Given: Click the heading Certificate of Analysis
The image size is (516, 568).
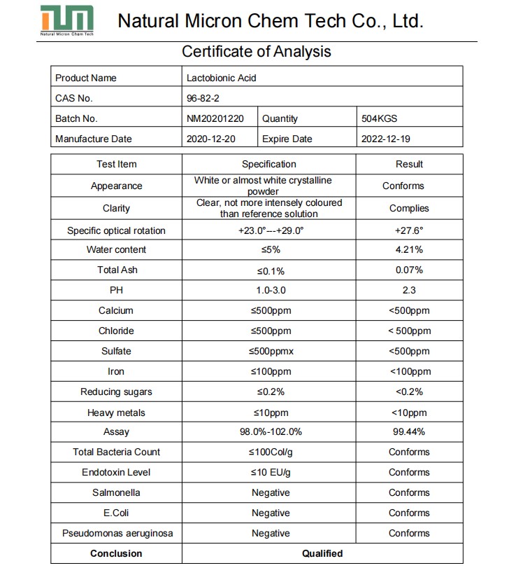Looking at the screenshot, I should [256, 51].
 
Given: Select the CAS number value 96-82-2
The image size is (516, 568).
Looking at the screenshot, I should [203, 98].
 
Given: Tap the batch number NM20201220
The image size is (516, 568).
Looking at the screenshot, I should [215, 118].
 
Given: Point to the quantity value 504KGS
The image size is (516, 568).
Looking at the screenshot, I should [379, 118].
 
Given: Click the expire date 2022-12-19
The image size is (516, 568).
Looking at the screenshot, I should [385, 139].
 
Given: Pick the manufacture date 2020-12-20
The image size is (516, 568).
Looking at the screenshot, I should [211, 139].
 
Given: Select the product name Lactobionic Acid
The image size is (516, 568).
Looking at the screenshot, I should [221, 78].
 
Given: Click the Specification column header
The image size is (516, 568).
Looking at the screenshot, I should [269, 164].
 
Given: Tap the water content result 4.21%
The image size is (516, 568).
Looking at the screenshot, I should [409, 249].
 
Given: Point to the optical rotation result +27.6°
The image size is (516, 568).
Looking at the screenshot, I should [409, 230].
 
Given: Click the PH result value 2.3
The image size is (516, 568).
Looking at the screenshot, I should [409, 290].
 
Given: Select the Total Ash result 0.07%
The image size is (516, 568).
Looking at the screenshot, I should [409, 270].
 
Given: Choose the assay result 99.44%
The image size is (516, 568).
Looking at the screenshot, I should [409, 432].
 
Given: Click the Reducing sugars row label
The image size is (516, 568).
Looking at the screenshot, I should [116, 392].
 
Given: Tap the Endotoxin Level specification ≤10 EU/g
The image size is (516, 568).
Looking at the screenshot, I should [270, 472].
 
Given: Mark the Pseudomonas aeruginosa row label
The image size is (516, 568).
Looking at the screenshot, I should [117, 533].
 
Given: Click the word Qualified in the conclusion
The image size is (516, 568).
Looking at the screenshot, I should [322, 553].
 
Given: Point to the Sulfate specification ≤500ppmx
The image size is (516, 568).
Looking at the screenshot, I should [270, 351].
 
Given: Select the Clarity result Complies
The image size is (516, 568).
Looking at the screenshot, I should [409, 208].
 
